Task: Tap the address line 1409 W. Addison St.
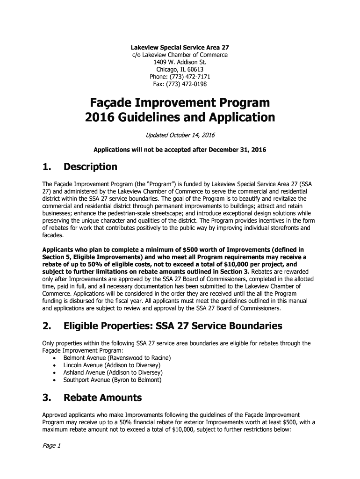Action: coord(180,62)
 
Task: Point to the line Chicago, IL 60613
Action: coord(180,70)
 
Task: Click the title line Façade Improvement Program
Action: coord(180,102)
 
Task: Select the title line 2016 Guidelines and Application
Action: coord(180,117)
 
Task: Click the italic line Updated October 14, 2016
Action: coord(180,135)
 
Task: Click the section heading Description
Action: coord(90,167)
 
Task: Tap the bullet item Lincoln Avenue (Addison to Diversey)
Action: coord(112,365)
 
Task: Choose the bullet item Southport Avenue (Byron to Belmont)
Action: coord(112,380)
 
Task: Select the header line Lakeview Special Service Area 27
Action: coord(180,47)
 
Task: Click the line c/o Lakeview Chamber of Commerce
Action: coord(180,55)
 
